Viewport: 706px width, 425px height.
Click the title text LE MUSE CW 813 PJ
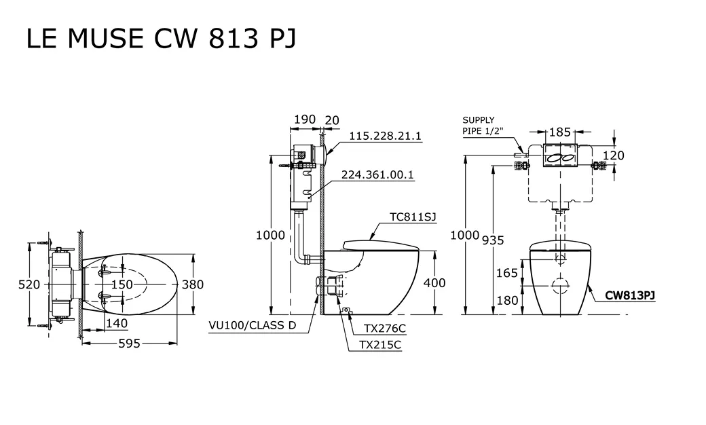coord(161,39)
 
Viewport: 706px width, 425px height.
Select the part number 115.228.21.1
coord(385,136)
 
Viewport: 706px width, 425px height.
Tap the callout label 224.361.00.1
coord(377,175)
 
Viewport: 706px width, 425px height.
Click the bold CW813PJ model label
coord(630,295)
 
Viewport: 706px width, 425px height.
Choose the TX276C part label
coord(384,328)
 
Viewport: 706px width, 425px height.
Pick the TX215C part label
coord(379,345)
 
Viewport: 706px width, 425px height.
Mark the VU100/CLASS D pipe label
coord(253,325)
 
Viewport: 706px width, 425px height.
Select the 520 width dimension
coord(29,285)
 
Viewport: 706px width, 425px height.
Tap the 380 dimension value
coord(193,285)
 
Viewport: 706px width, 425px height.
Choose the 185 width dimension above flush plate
coord(559,132)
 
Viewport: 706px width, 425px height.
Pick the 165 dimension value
coord(507,274)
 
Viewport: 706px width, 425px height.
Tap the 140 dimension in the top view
coord(116,323)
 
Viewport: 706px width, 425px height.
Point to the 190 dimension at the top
coord(304,119)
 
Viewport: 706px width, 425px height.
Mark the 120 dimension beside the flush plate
coord(613,156)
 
